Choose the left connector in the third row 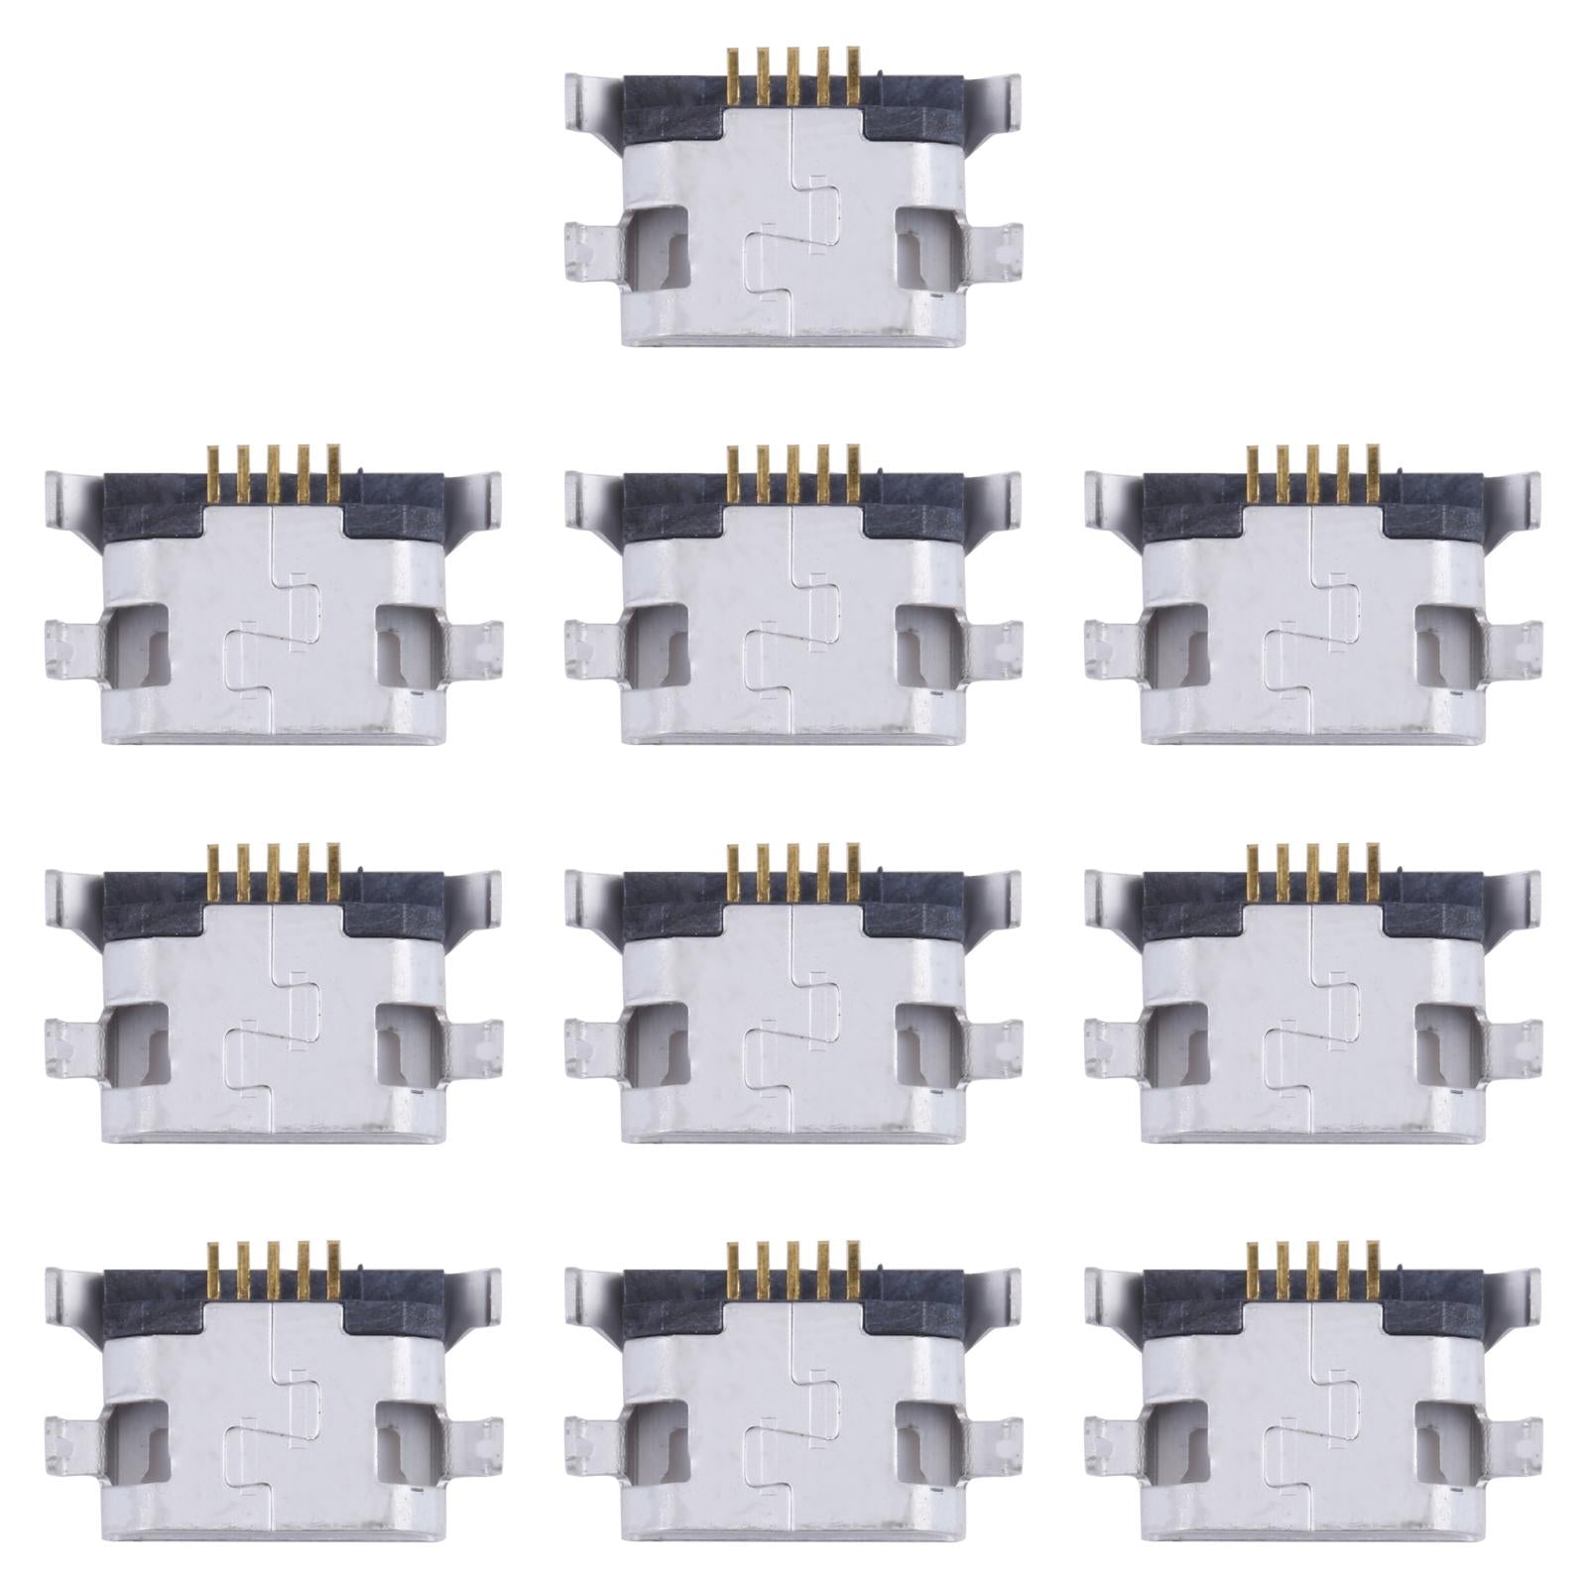click(x=273, y=1007)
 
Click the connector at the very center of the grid click(x=793, y=1007)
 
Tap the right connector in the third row click(x=1312, y=1007)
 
